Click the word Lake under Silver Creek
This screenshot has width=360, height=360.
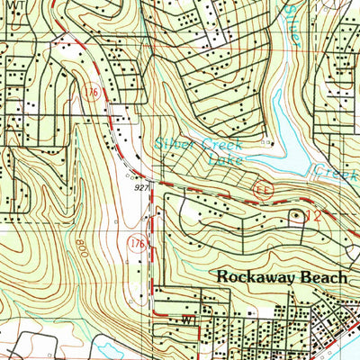pos(222,160)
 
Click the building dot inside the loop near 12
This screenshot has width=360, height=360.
pos(296,215)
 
